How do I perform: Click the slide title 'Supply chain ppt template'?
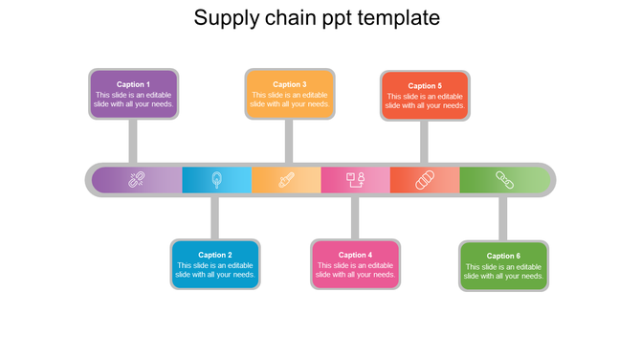[x=318, y=18]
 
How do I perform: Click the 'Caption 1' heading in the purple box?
[x=133, y=84]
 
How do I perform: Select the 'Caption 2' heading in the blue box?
[x=215, y=255]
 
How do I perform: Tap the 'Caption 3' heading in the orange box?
[x=289, y=84]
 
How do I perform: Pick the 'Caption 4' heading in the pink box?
[x=355, y=255]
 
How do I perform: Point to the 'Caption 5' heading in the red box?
[x=425, y=85]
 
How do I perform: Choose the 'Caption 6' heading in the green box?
[x=503, y=256]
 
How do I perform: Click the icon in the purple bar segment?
[x=136, y=179]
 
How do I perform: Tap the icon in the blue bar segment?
[x=217, y=179]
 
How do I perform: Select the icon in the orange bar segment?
[x=286, y=179]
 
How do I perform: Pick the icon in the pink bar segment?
[x=356, y=179]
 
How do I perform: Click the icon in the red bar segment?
[x=425, y=179]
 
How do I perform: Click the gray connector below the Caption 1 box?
[x=133, y=141]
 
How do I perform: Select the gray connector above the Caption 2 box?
[x=215, y=217]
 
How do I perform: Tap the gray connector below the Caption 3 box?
[x=289, y=141]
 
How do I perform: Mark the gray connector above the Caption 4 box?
[x=355, y=217]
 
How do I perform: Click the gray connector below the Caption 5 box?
[x=424, y=142]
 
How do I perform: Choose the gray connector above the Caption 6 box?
[x=503, y=218]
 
